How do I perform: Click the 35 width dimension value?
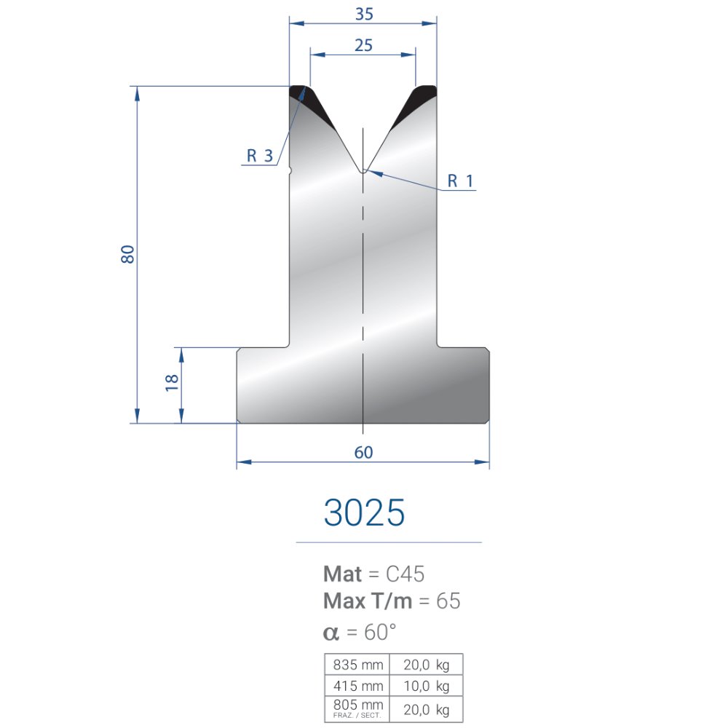click(364, 14)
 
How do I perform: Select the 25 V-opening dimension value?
click(363, 45)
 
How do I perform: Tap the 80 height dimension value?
click(127, 254)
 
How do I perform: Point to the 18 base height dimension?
click(172, 383)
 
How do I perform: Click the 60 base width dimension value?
click(363, 452)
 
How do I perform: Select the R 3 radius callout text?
click(260, 156)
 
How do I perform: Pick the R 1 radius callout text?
click(461, 181)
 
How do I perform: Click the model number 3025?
click(365, 513)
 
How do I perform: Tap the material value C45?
click(405, 574)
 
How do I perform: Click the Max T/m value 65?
click(448, 601)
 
